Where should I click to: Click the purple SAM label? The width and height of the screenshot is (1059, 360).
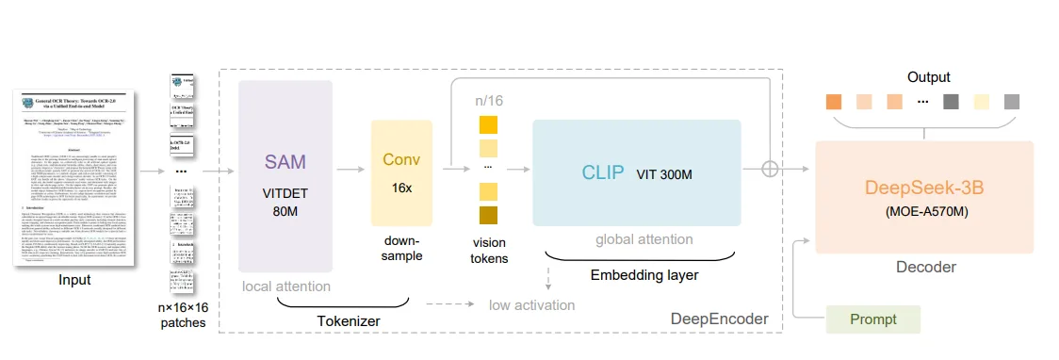tap(285, 161)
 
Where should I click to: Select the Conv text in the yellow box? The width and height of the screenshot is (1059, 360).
tap(401, 158)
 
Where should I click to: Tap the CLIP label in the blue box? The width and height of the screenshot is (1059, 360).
tap(602, 173)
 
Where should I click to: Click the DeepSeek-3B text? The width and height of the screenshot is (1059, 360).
tap(924, 187)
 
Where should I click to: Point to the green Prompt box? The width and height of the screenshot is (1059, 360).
tap(873, 319)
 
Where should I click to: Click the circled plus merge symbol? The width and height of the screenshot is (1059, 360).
tap(771, 169)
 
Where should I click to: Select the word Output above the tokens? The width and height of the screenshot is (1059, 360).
tap(928, 77)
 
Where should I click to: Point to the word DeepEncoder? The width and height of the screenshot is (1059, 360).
tap(719, 319)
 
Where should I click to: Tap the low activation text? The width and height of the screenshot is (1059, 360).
tap(531, 304)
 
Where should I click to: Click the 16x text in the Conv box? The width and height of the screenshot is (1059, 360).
tap(401, 188)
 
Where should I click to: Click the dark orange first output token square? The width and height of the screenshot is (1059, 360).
tap(834, 102)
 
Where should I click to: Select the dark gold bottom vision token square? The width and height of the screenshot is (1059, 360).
tap(488, 216)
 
